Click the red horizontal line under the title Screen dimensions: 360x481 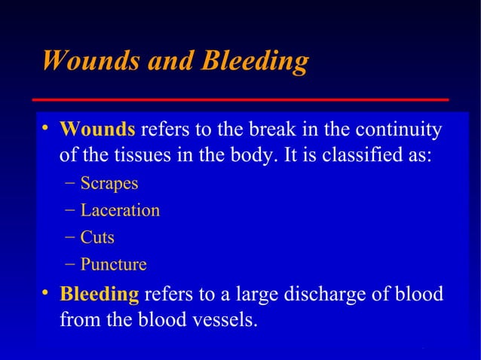coord(241,99)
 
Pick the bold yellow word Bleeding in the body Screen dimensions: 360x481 coord(100,294)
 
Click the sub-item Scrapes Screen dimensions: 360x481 coord(109,184)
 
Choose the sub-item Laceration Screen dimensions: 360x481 coord(120,211)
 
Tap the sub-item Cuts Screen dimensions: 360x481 coord(98,238)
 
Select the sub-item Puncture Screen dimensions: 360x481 coord(114,265)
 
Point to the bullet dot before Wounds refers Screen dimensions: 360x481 coord(47,130)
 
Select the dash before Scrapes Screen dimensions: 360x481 coord(70,184)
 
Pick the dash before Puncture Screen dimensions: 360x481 coord(70,265)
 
